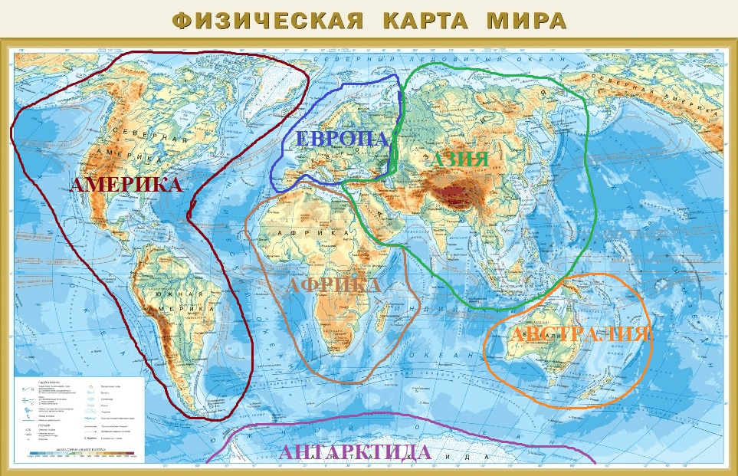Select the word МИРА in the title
[526, 20]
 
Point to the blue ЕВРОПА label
[343, 140]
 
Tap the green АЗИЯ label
[458, 159]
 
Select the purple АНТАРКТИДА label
[355, 452]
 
